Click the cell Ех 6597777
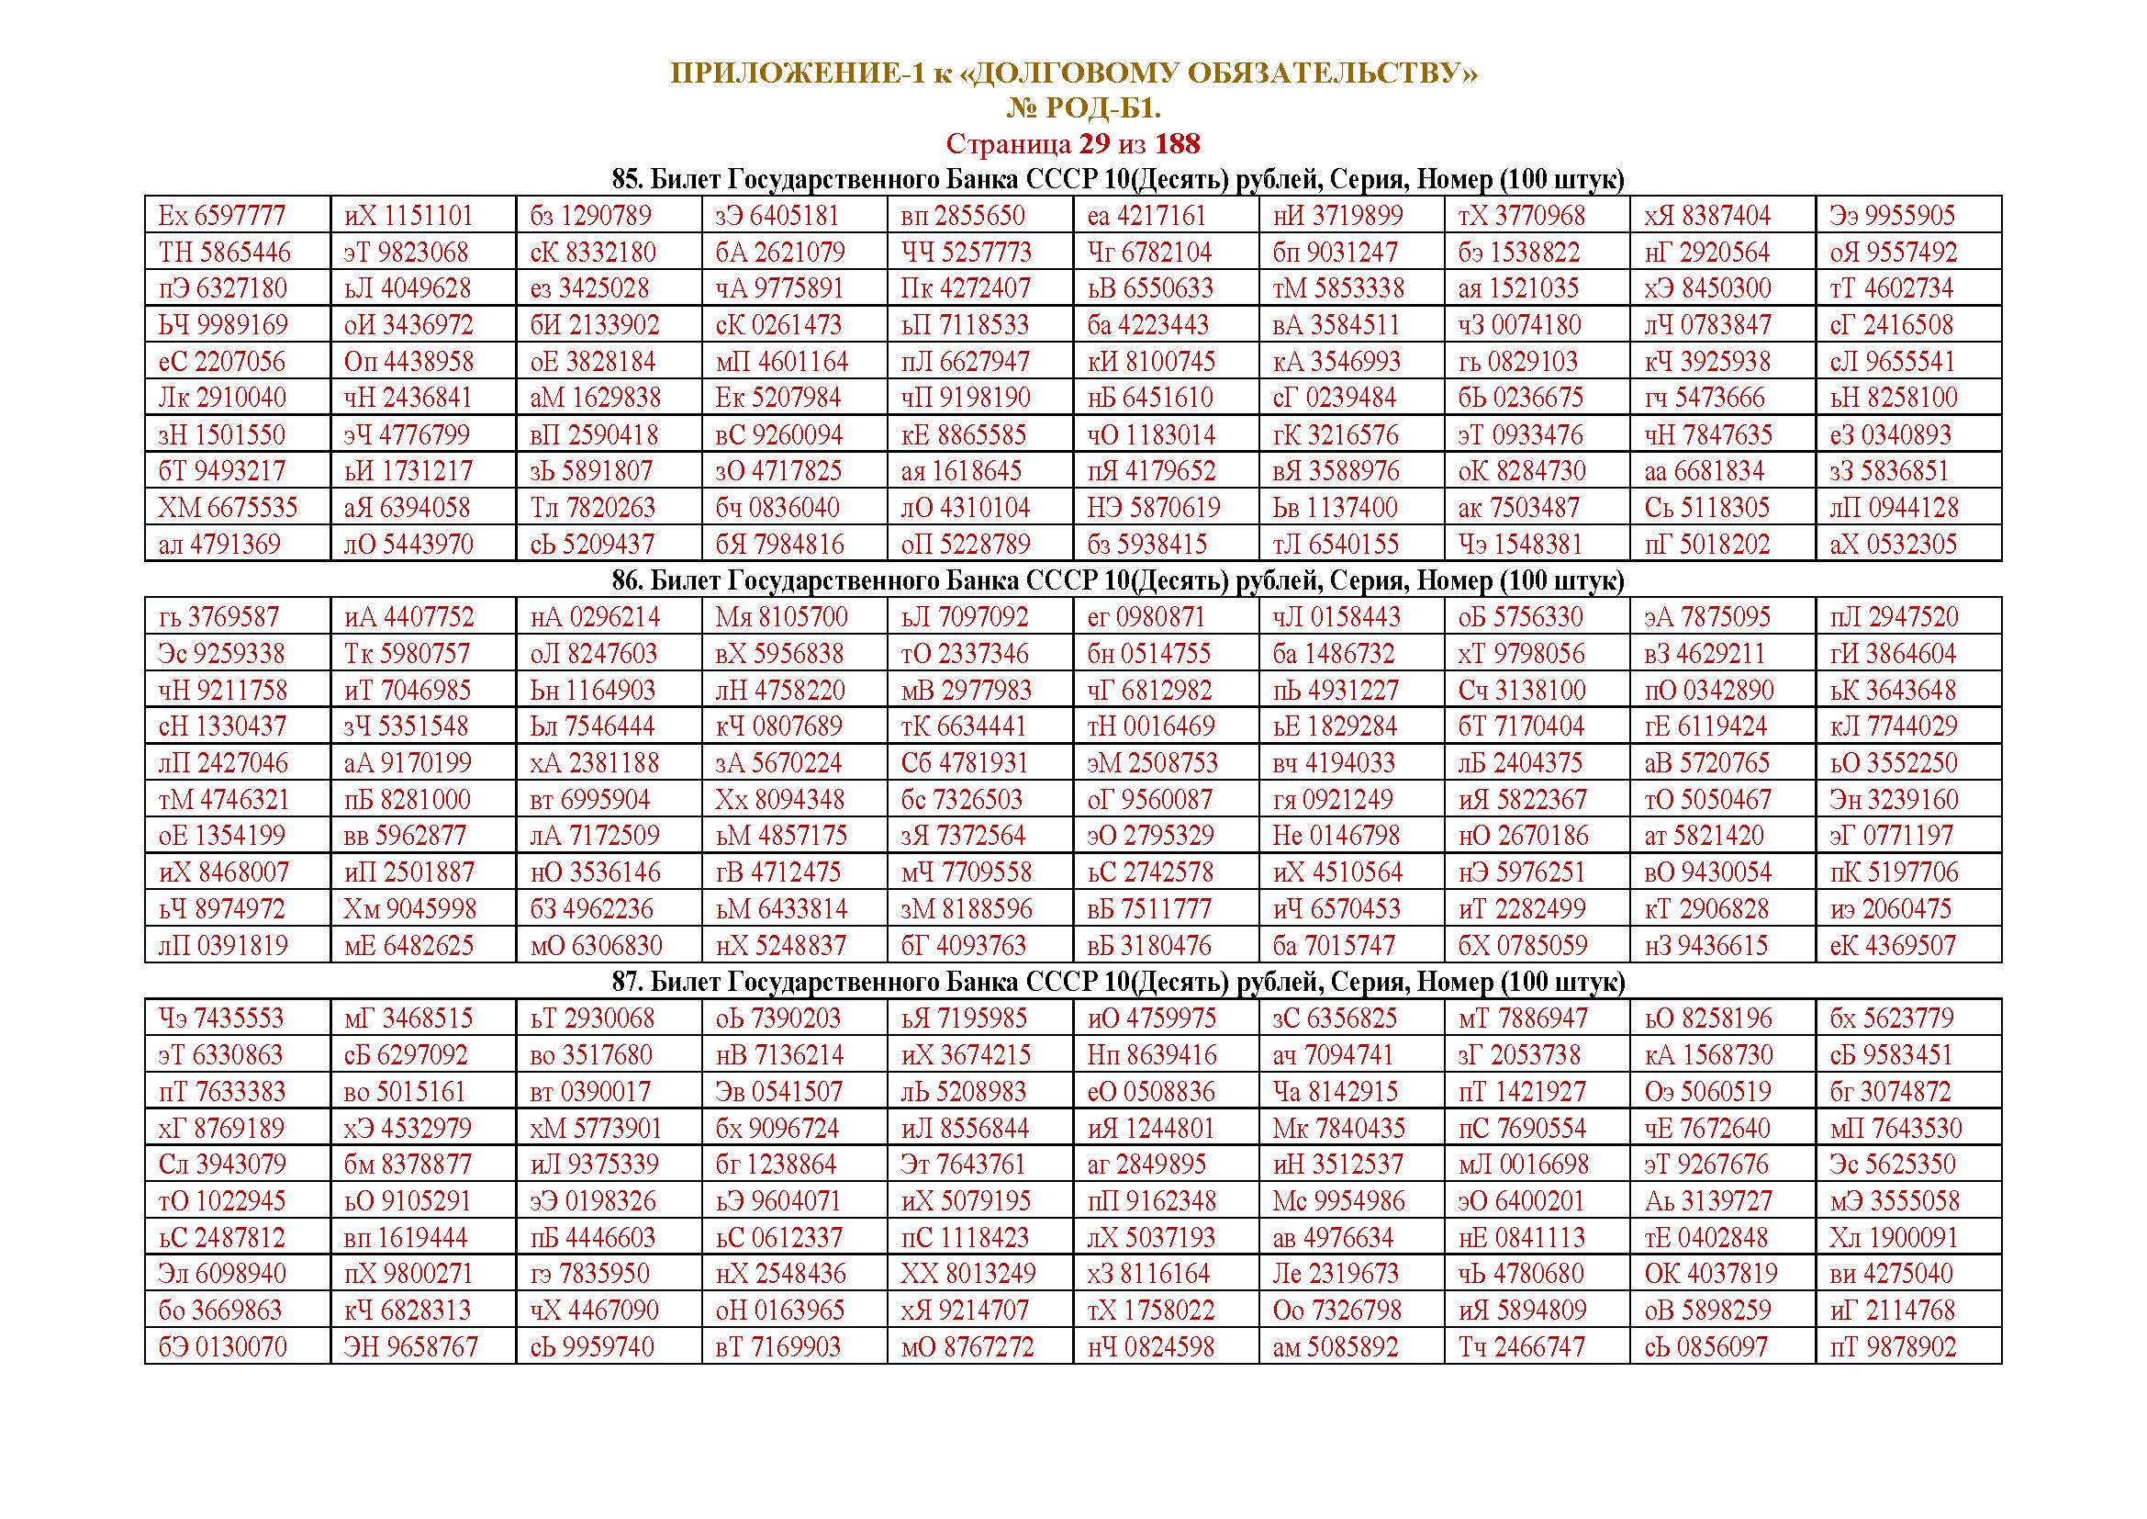coord(221,216)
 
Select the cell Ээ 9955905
coord(1892,216)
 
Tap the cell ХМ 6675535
coord(228,508)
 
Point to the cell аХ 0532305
coord(1893,545)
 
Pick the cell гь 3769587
coord(218,617)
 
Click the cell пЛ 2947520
coord(1894,617)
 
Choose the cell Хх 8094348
coord(781,800)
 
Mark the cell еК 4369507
coord(1893,946)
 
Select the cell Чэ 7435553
coord(220,1018)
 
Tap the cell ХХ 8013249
coord(967,1274)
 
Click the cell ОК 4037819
coord(1710,1274)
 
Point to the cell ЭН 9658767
coord(410,1348)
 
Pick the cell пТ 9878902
coord(1893,1348)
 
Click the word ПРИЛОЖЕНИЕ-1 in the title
coord(796,73)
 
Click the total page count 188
coord(1178,144)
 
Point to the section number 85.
coord(626,180)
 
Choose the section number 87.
coord(626,982)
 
